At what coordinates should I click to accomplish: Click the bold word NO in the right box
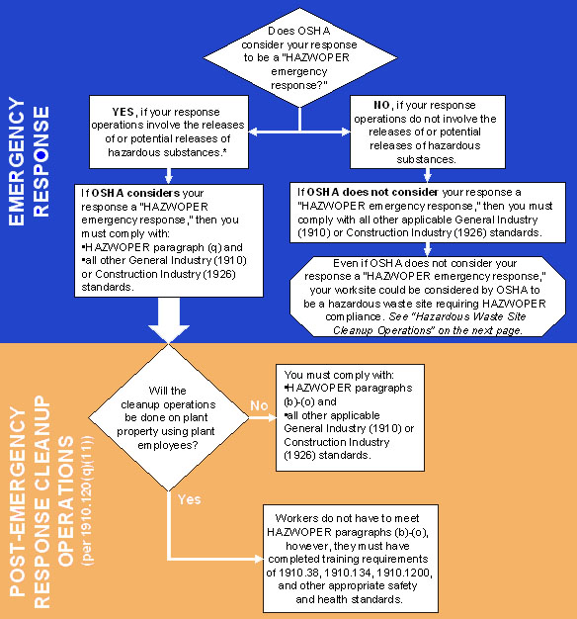(x=379, y=105)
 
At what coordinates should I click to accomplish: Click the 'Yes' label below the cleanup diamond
(x=190, y=499)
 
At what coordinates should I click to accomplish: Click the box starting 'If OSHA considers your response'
(x=167, y=238)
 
